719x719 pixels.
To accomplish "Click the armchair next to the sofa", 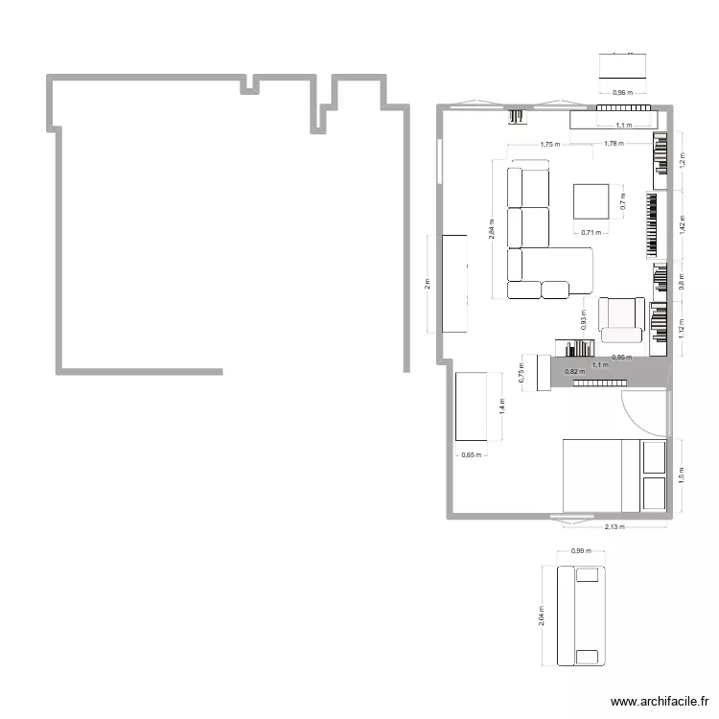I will [620, 318].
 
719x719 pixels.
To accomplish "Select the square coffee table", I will [591, 201].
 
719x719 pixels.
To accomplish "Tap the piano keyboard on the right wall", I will [653, 225].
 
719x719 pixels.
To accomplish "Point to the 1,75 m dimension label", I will [549, 145].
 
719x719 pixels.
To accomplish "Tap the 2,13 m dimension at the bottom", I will [614, 527].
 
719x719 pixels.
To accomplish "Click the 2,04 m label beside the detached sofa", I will [542, 615].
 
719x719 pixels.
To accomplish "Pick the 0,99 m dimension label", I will [581, 551].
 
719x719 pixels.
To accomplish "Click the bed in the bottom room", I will [614, 475].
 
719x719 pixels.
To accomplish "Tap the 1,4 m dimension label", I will [501, 407].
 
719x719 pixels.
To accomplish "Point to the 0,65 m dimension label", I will [471, 455].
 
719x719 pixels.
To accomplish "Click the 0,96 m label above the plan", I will [623, 93].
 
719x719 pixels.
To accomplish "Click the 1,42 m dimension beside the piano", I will [683, 224].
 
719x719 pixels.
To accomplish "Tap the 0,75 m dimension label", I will [522, 372].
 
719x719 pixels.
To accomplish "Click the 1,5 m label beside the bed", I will [683, 474].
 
